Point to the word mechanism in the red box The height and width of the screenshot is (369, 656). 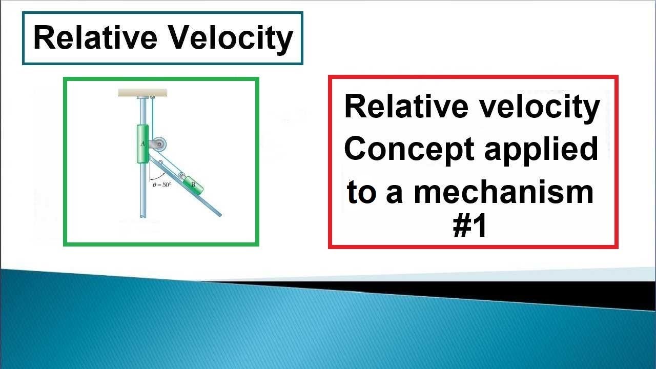pyautogui.click(x=503, y=192)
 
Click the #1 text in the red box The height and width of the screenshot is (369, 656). pyautogui.click(x=469, y=227)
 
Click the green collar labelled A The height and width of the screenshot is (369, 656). pyautogui.click(x=142, y=144)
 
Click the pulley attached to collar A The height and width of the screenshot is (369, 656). pyautogui.click(x=159, y=145)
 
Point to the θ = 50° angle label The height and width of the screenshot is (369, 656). pyautogui.click(x=162, y=184)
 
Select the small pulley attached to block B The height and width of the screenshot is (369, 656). pyautogui.click(x=182, y=176)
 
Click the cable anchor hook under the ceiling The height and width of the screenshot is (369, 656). pyautogui.click(x=152, y=97)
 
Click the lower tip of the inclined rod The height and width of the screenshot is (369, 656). pyautogui.click(x=220, y=214)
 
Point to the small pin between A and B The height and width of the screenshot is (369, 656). pyautogui.click(x=161, y=163)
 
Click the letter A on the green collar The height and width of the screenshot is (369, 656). pyautogui.click(x=142, y=144)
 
